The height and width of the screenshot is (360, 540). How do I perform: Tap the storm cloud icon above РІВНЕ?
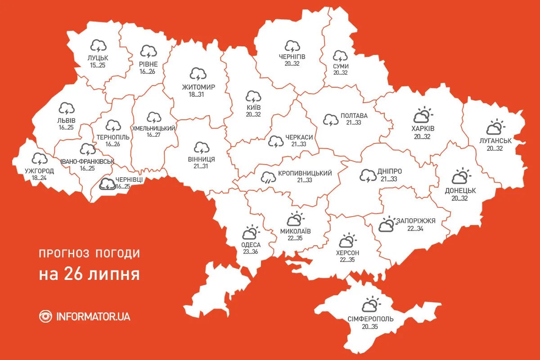click(x=148, y=51)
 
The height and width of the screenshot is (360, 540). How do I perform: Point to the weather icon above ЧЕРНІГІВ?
click(x=292, y=46)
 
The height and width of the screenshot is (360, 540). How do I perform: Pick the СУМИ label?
click(x=341, y=66)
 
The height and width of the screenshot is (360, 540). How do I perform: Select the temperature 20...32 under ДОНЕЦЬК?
click(x=460, y=198)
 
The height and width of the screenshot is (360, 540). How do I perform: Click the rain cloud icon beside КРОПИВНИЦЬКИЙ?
click(x=269, y=177)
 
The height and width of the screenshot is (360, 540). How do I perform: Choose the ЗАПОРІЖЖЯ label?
click(x=416, y=221)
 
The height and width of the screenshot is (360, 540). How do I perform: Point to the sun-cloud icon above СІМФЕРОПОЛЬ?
click(x=371, y=305)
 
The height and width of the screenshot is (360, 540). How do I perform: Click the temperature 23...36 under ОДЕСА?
click(x=251, y=252)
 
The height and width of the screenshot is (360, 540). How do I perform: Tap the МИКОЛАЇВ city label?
click(x=295, y=231)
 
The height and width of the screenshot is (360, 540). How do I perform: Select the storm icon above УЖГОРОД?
click(x=40, y=159)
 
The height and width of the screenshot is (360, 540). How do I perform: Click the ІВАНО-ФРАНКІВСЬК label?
click(x=87, y=161)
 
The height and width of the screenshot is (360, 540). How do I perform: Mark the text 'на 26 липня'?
click(x=89, y=274)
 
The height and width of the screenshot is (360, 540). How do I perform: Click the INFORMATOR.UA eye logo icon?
click(x=45, y=316)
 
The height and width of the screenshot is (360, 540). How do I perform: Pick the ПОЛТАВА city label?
click(x=354, y=116)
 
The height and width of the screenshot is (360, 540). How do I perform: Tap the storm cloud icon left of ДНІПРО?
click(x=368, y=175)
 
